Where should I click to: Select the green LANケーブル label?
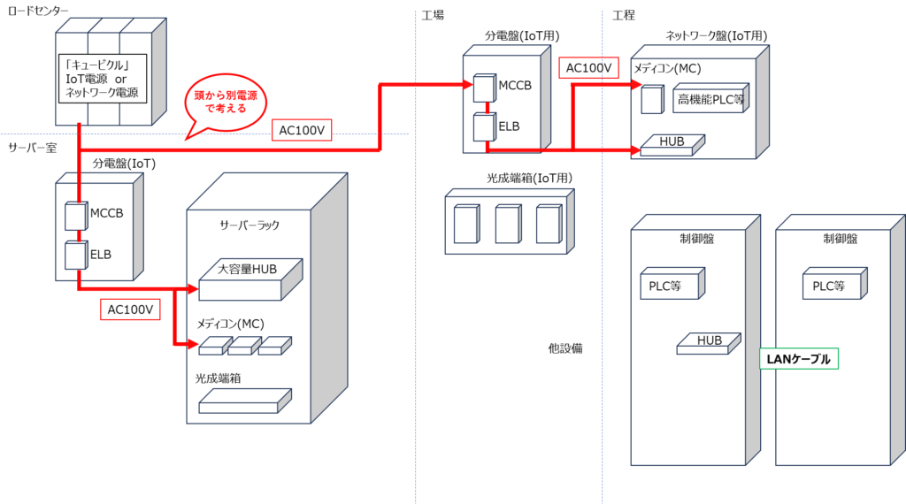click(799, 359)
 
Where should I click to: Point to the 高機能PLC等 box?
click(710, 99)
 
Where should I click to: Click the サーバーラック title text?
click(249, 225)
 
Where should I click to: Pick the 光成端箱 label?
click(219, 378)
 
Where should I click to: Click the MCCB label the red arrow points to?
click(514, 86)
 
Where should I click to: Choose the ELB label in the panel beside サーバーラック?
click(101, 254)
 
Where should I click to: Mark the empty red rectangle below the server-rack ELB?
click(130, 309)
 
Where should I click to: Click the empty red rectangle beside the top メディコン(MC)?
click(588, 67)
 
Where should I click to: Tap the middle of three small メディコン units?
click(244, 345)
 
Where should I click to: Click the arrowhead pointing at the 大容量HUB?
click(193, 288)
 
